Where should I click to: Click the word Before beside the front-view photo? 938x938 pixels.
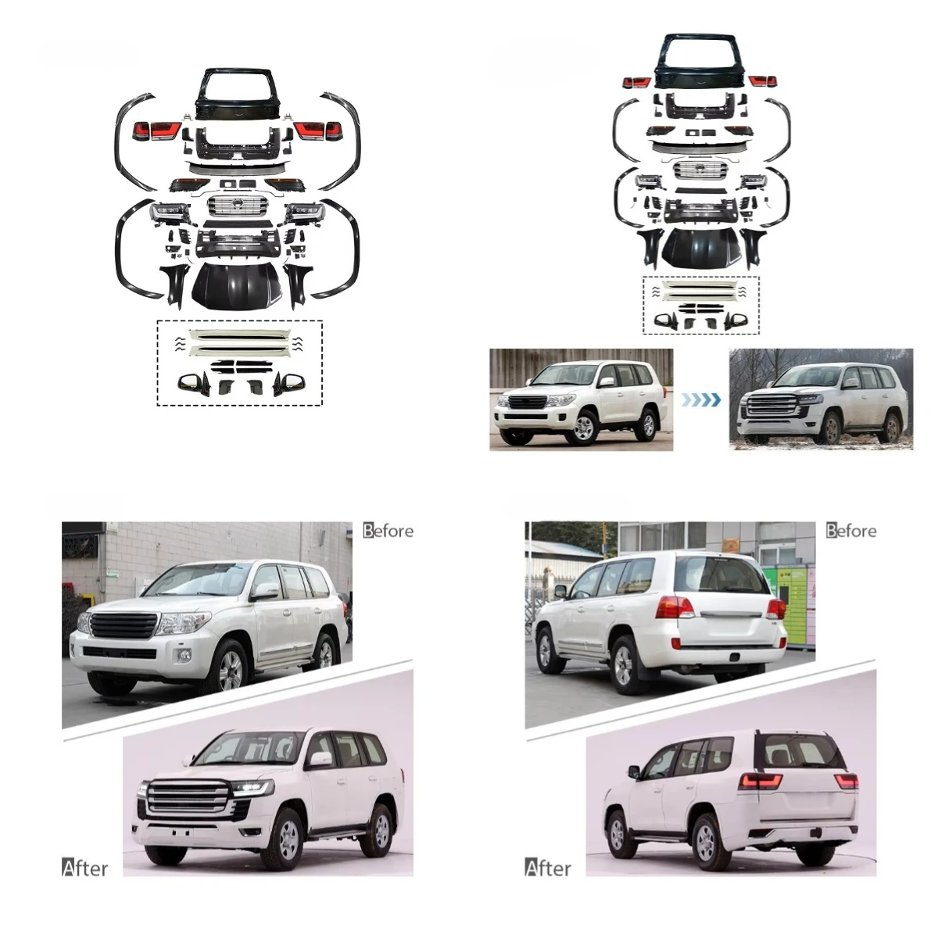[x=388, y=531]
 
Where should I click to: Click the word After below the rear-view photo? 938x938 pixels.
[x=548, y=868]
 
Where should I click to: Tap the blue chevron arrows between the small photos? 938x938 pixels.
[x=700, y=400]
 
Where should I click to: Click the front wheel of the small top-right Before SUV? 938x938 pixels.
[x=584, y=427]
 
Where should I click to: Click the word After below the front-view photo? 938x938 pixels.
[x=85, y=868]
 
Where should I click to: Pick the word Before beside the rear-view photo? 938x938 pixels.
[x=851, y=531]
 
